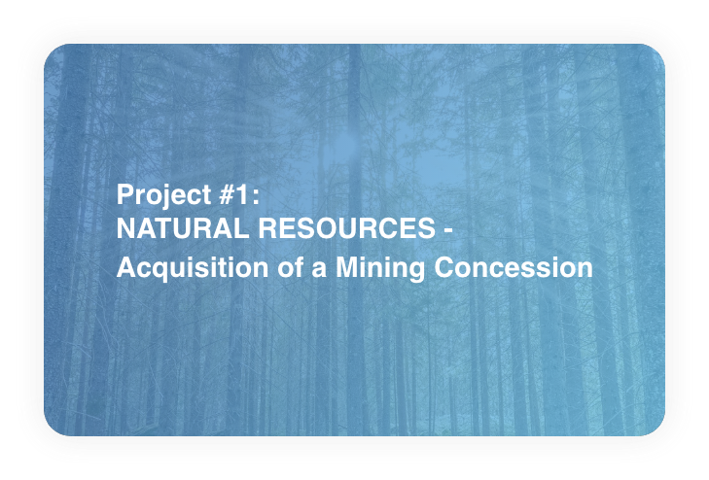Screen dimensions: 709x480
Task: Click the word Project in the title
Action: click(163, 195)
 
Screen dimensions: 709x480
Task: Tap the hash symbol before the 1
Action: click(226, 194)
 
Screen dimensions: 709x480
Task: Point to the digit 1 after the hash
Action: click(242, 194)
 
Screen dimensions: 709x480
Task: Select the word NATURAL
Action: click(183, 228)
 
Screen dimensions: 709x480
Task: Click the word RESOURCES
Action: click(347, 228)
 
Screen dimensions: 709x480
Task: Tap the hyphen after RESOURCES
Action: click(447, 231)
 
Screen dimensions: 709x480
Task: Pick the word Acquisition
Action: click(193, 268)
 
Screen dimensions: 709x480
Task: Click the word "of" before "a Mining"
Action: click(290, 267)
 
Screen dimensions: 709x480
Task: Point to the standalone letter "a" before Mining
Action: click(319, 269)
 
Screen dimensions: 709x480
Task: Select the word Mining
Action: click(380, 268)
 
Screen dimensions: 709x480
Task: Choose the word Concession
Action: click(514, 267)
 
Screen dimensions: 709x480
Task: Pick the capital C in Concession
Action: click(444, 267)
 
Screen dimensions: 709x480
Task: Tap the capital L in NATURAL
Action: click(240, 228)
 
